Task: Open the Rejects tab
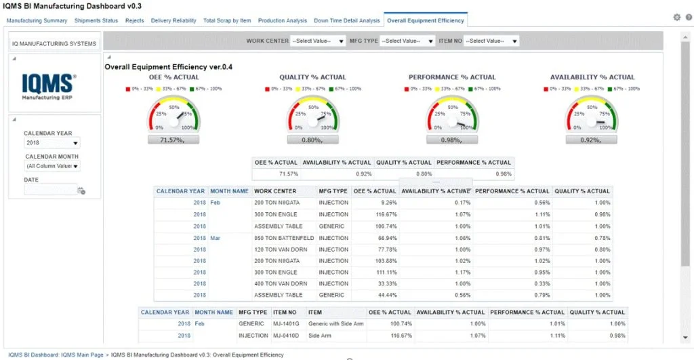point(134,21)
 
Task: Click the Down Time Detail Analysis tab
point(347,21)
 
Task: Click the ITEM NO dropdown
point(492,41)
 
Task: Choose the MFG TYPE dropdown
point(407,41)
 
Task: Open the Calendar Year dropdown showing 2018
point(52,143)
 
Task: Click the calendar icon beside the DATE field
point(81,191)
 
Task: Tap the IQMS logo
point(49,87)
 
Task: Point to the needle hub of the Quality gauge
point(312,121)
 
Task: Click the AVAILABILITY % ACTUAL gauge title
point(592,77)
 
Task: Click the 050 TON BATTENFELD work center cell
point(283,237)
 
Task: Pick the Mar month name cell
point(215,237)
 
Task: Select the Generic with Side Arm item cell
point(335,324)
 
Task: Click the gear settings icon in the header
point(676,18)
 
